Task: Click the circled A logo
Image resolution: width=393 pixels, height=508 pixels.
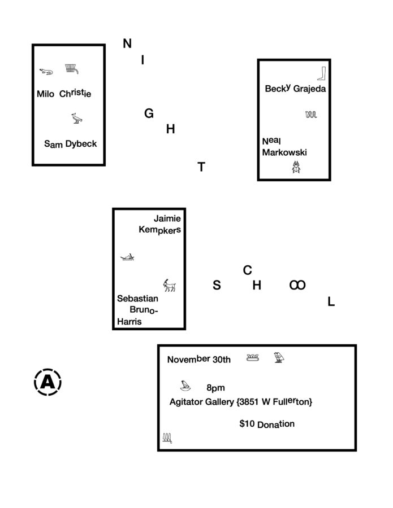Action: click(x=47, y=382)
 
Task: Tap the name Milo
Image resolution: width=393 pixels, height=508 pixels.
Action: click(x=45, y=94)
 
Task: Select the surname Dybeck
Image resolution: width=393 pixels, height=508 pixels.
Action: click(x=81, y=144)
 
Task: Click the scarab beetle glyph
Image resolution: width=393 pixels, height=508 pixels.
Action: click(x=296, y=167)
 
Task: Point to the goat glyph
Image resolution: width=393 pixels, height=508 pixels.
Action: click(x=170, y=286)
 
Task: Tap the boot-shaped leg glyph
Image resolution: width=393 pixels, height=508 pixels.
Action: click(x=321, y=73)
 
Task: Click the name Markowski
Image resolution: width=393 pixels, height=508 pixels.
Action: click(x=284, y=152)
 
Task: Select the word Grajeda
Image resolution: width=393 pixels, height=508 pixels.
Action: click(x=309, y=89)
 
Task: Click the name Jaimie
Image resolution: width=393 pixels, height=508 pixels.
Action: click(x=167, y=218)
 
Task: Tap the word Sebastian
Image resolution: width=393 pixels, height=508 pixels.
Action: click(x=137, y=299)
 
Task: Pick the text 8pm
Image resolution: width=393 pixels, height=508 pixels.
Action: click(x=215, y=388)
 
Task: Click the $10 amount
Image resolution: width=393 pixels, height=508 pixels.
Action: click(x=247, y=423)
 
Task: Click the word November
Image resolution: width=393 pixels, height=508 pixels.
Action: click(x=189, y=360)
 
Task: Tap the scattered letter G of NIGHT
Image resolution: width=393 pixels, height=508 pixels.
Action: click(x=149, y=113)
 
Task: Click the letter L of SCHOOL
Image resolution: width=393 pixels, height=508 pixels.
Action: click(x=331, y=301)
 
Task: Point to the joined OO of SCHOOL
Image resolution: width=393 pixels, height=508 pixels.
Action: click(x=297, y=285)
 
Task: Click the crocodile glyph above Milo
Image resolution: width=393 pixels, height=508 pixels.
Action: click(x=46, y=72)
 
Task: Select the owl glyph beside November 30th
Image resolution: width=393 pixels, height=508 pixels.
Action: click(x=279, y=358)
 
